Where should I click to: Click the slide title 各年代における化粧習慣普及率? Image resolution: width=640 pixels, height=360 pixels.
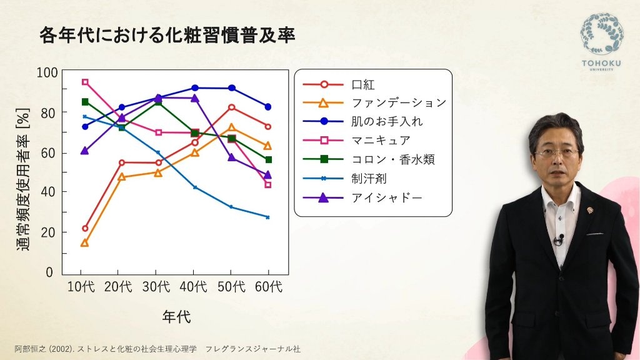(167, 36)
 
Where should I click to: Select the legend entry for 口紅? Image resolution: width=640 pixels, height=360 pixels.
(339, 84)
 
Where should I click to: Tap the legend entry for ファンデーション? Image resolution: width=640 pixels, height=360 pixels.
(375, 103)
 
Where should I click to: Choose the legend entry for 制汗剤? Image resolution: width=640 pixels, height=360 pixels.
(345, 178)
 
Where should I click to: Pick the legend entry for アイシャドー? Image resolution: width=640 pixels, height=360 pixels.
(362, 198)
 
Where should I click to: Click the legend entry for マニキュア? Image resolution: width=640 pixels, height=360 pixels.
(357, 141)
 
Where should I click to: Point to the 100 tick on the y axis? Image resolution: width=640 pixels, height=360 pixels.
(47, 72)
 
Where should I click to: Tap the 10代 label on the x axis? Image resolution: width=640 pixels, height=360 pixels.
(81, 286)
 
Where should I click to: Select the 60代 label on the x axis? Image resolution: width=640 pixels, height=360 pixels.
(268, 286)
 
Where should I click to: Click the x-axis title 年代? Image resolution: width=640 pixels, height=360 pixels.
(176, 317)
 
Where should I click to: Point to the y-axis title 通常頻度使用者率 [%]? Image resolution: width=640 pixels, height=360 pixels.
(23, 179)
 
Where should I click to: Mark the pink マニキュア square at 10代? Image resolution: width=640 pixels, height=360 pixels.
(85, 82)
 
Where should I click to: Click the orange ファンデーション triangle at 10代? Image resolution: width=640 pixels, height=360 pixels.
(84, 243)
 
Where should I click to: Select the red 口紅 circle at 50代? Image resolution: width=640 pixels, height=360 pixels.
(231, 107)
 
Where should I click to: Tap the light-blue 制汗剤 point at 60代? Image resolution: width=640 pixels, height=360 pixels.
(267, 217)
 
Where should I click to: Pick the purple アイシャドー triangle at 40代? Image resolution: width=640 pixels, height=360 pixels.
(195, 98)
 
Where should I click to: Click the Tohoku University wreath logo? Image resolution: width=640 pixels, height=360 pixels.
(602, 34)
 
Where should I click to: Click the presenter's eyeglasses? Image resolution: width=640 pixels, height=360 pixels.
(557, 154)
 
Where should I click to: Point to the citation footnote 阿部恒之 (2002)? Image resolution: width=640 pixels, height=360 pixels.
(44, 349)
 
